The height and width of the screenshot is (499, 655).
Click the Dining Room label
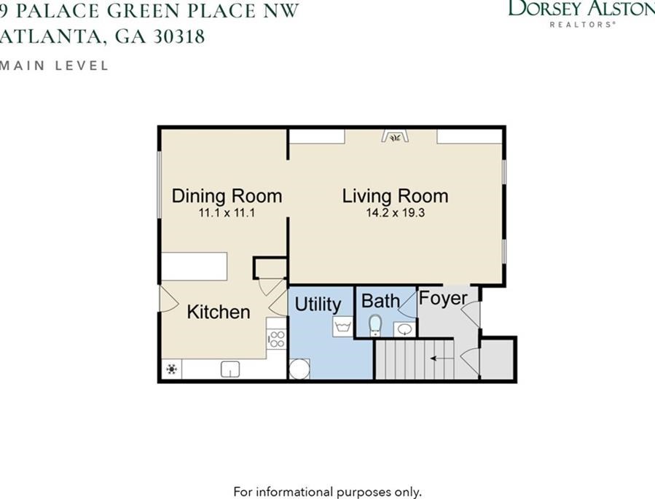[x=227, y=196]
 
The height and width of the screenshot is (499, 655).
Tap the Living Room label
[x=395, y=196]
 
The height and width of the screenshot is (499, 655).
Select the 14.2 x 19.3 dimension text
[x=395, y=213]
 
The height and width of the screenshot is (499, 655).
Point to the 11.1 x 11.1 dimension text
[x=227, y=213]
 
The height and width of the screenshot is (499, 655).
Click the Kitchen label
[x=219, y=312]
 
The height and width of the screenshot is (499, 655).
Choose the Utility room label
[x=318, y=304]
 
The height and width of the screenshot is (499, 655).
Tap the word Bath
[x=380, y=301]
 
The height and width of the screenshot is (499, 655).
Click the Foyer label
[x=443, y=299]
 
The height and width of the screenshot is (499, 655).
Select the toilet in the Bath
[x=375, y=325]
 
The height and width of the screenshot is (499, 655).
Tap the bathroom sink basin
[x=404, y=329]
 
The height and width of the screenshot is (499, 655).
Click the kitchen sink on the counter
[x=230, y=369]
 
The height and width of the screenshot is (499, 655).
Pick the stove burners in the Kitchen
[x=276, y=339]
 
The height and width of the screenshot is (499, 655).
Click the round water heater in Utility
[x=299, y=369]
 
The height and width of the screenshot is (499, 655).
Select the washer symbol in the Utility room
[x=342, y=326]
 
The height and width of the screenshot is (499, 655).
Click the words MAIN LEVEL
[x=55, y=66]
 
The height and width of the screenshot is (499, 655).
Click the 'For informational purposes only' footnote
[x=327, y=492]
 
